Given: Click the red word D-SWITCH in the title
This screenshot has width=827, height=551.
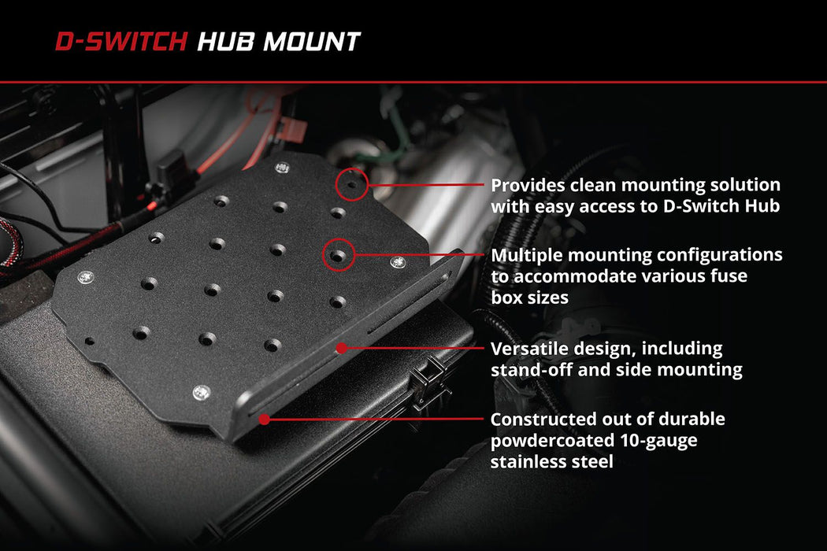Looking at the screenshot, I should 122,42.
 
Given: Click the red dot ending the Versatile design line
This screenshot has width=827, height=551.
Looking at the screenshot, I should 342,347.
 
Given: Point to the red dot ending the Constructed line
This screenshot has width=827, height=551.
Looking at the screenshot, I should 265,420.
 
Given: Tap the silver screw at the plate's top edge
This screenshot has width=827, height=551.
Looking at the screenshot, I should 282,167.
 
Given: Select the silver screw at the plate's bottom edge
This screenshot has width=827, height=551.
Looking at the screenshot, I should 202,390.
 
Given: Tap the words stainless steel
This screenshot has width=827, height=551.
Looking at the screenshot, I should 551,462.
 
